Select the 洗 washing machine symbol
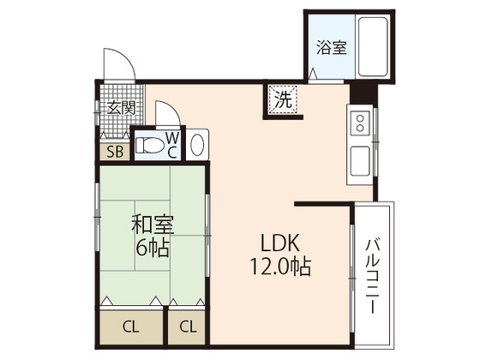click(282, 99)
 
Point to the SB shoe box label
click(113, 153)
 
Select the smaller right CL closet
click(187, 326)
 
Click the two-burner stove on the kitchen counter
click(360, 121)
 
